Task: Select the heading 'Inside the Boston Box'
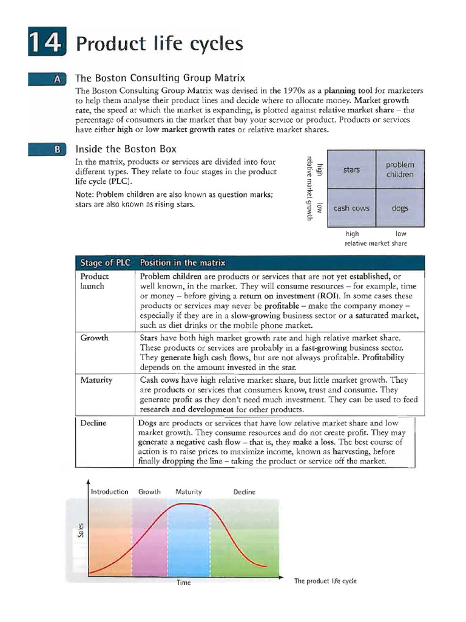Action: click(126, 149)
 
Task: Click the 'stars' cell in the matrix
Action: click(351, 169)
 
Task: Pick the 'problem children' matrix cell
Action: click(399, 169)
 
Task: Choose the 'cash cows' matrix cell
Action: click(351, 208)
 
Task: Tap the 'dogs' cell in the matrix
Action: click(399, 208)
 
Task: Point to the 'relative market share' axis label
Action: click(376, 244)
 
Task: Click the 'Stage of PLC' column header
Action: click(104, 263)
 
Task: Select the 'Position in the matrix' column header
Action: click(183, 263)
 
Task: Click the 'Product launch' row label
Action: click(95, 281)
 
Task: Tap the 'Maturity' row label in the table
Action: click(96, 380)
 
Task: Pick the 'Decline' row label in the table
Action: click(95, 423)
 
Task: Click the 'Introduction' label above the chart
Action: click(109, 492)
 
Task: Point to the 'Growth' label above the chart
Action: click(150, 492)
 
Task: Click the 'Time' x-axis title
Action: click(183, 583)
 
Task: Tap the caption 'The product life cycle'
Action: click(325, 581)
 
